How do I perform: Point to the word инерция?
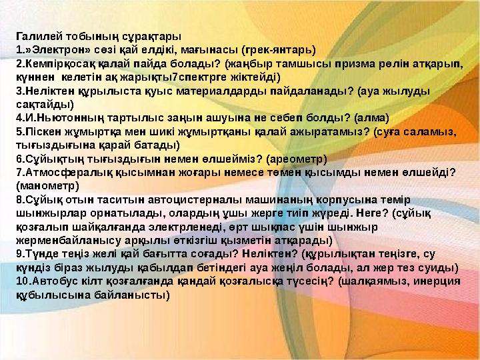[434, 281]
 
